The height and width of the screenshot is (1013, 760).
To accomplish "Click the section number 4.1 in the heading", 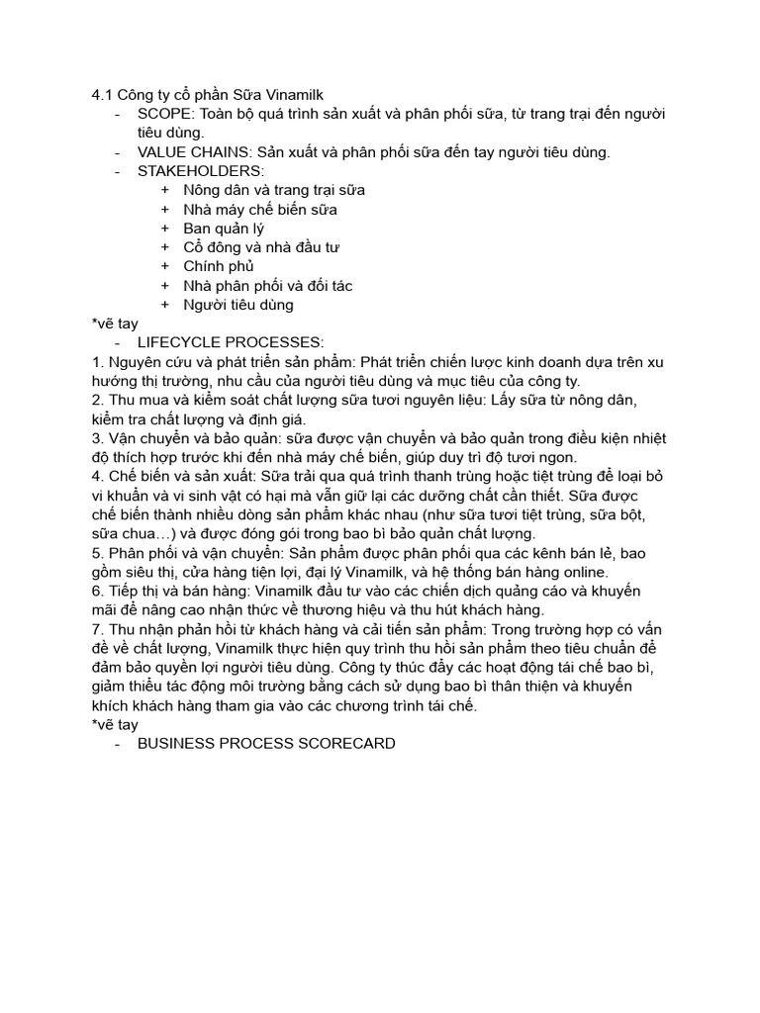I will [x=102, y=94].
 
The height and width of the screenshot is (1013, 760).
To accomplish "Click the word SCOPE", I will [x=162, y=114].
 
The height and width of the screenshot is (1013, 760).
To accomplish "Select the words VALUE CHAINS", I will [x=194, y=152].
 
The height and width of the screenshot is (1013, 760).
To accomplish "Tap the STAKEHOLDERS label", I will [x=194, y=171].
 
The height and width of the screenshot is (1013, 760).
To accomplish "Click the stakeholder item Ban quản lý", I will [x=224, y=229].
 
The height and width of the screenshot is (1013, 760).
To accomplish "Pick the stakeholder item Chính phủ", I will [x=219, y=266].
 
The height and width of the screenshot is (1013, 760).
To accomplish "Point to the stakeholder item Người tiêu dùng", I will [x=238, y=305].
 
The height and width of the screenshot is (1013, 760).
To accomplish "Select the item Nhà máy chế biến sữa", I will [x=260, y=210].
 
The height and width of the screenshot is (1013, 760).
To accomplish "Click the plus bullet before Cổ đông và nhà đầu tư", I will [x=164, y=247].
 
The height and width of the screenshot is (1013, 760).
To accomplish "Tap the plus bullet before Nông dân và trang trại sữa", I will [x=164, y=190].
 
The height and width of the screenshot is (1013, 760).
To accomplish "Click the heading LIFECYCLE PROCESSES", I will [x=230, y=342].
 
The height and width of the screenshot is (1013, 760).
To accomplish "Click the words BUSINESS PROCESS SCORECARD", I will [x=266, y=743].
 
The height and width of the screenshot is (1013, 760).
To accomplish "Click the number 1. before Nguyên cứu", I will [x=97, y=362].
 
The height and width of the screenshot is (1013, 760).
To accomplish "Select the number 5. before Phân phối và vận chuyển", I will [x=97, y=553].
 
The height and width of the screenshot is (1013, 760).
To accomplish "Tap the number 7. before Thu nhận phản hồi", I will [x=97, y=629].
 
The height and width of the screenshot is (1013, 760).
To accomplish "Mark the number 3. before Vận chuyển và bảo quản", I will [x=97, y=438].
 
